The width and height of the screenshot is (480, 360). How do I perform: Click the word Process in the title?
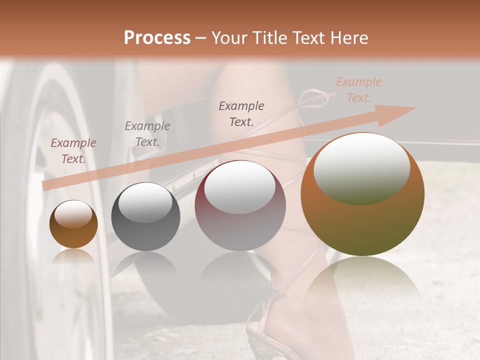[x=157, y=38]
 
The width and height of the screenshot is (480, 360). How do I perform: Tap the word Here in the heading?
[x=348, y=38]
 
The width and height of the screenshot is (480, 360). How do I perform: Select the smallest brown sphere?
[x=73, y=224]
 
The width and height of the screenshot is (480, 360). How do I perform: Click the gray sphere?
[x=145, y=217]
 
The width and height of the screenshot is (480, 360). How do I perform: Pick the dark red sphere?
[x=240, y=206]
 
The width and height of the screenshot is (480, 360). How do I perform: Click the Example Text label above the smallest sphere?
[x=73, y=151]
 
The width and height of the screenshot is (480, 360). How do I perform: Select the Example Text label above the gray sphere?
[x=147, y=134]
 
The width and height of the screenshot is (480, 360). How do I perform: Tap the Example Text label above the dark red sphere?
[x=241, y=113]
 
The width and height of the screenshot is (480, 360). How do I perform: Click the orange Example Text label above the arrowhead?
[x=358, y=90]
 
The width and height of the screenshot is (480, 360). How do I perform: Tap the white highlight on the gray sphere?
[x=145, y=202]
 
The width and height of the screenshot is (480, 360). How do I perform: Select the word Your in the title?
[x=230, y=38]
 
